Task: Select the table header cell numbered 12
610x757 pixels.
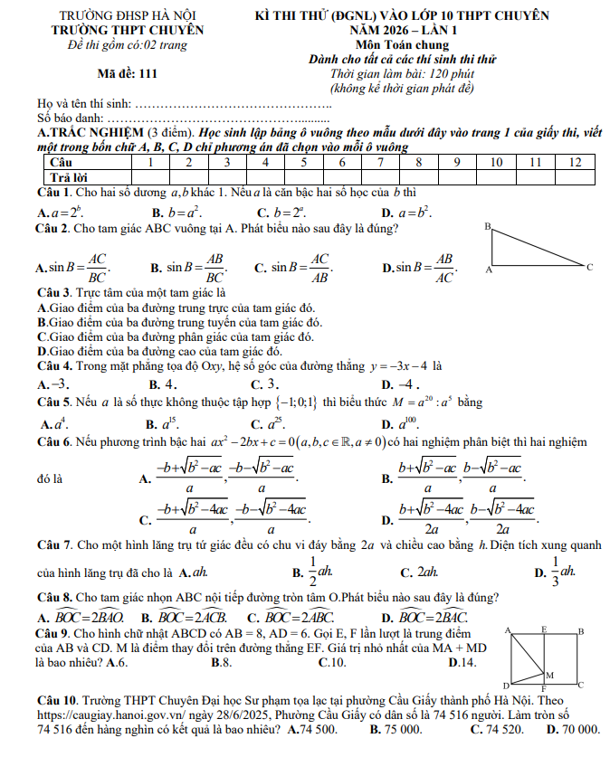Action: click(574, 162)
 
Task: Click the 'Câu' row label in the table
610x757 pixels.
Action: click(59, 162)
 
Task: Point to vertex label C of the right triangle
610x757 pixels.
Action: click(589, 268)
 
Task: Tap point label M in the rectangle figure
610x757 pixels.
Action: click(549, 675)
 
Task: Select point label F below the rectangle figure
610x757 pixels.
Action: click(542, 689)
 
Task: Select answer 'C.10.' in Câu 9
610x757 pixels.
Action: click(332, 663)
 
